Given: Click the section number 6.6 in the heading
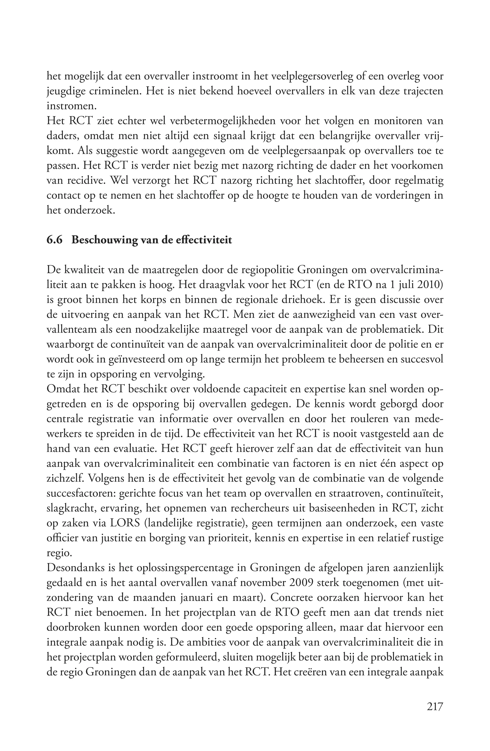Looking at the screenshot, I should pyautogui.click(x=54, y=240).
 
